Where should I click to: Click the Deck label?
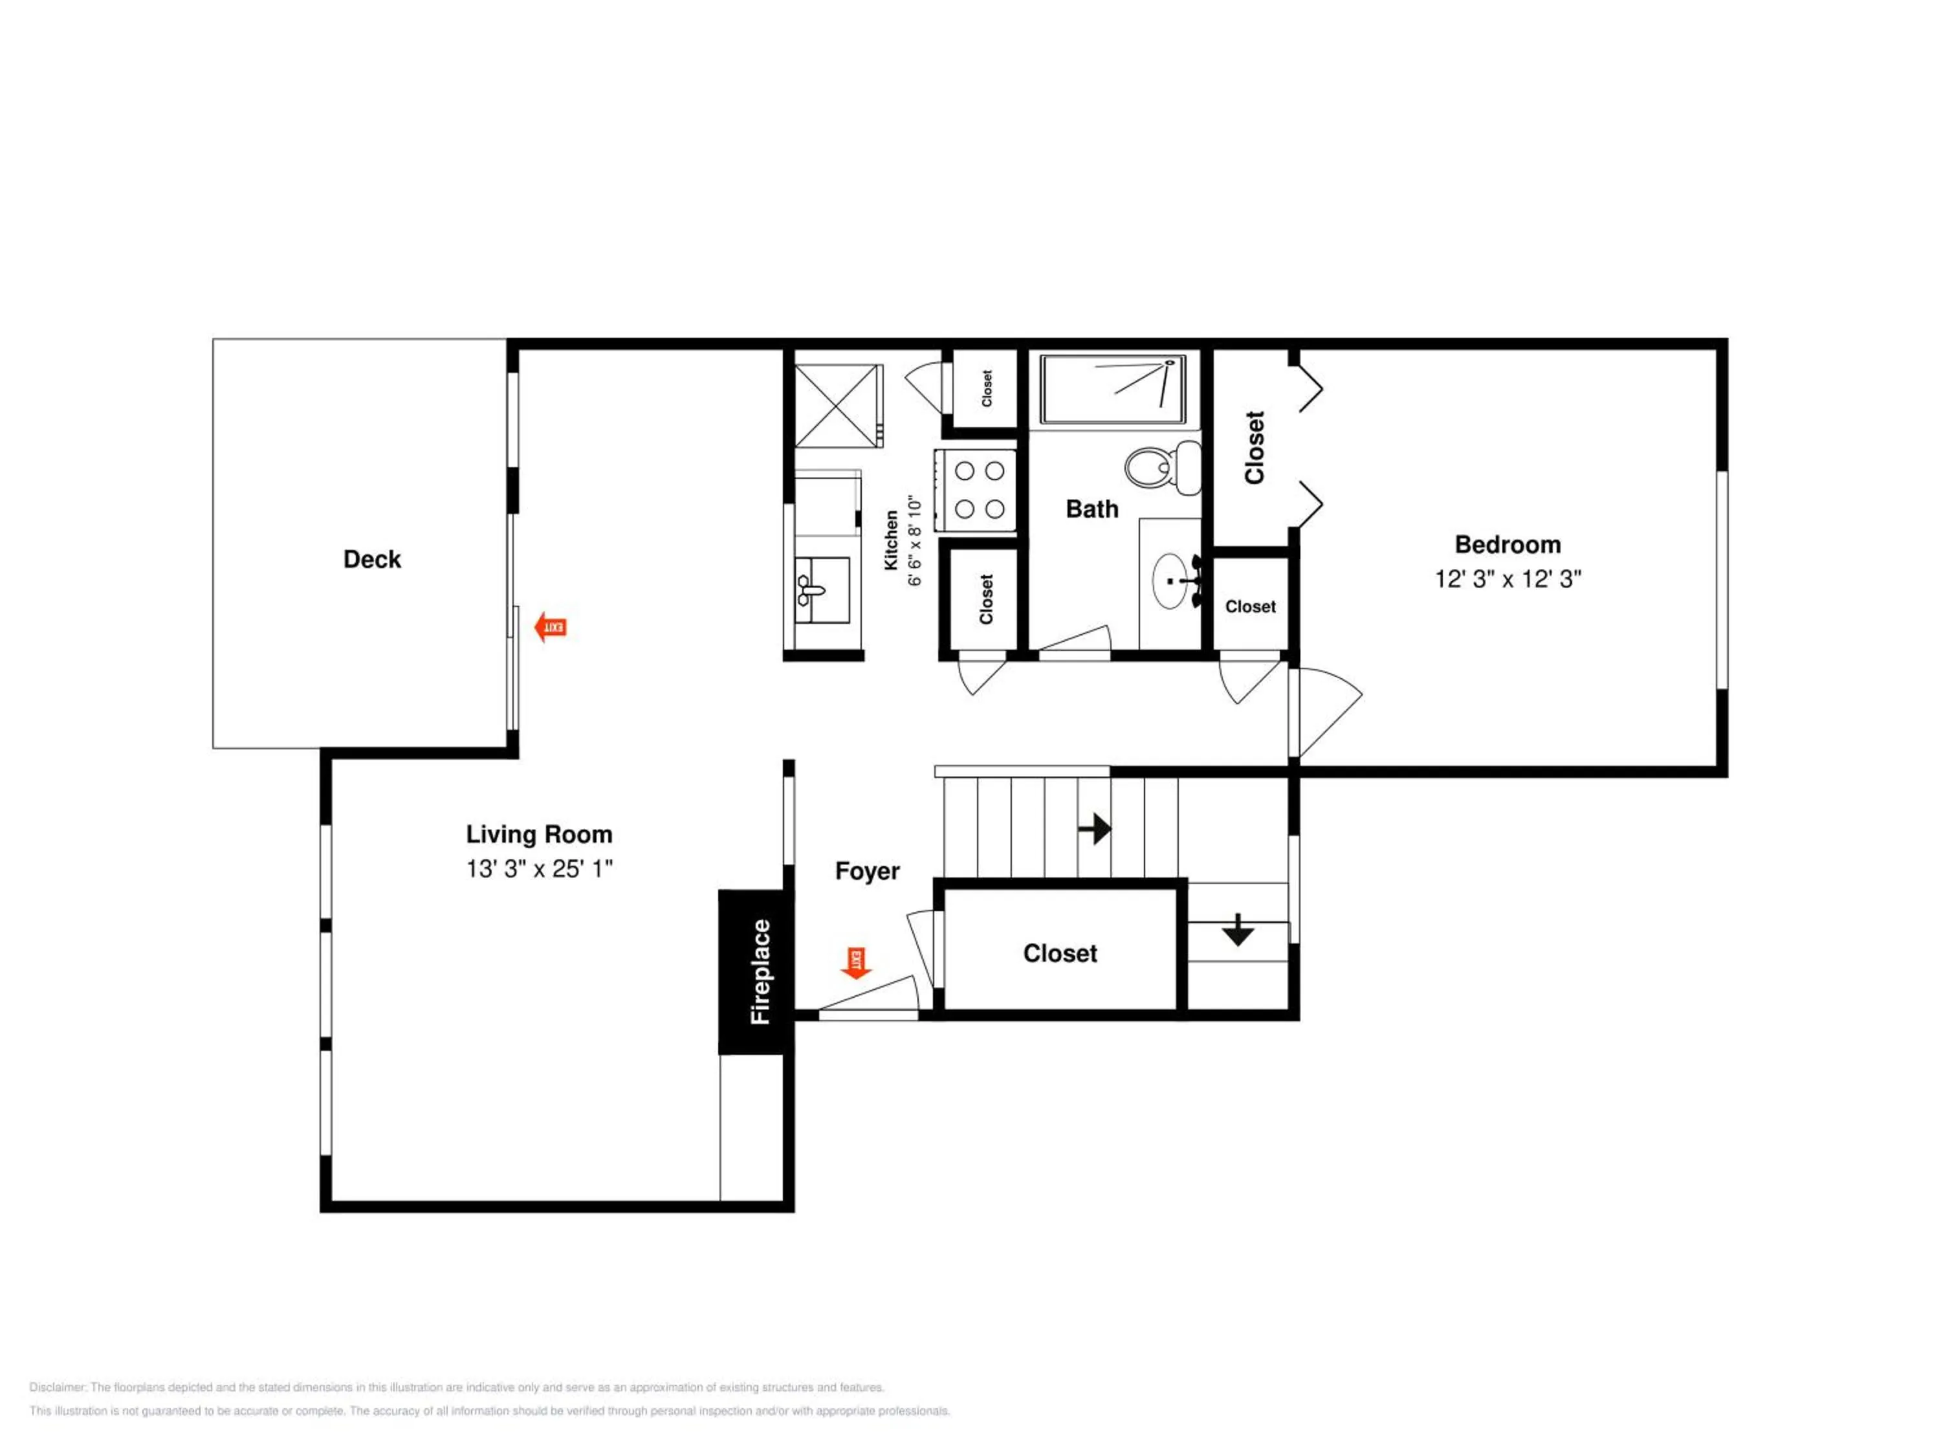click(372, 559)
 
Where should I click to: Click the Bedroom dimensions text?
click(1508, 579)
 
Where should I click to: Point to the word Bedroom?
click(1508, 544)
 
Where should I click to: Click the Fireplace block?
click(756, 971)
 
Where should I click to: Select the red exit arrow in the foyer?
click(855, 963)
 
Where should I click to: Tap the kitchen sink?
click(821, 590)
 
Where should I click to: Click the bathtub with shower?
click(1113, 389)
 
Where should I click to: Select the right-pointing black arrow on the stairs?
click(1094, 828)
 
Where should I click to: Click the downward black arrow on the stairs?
click(1237, 929)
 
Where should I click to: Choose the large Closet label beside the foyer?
click(1060, 953)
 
